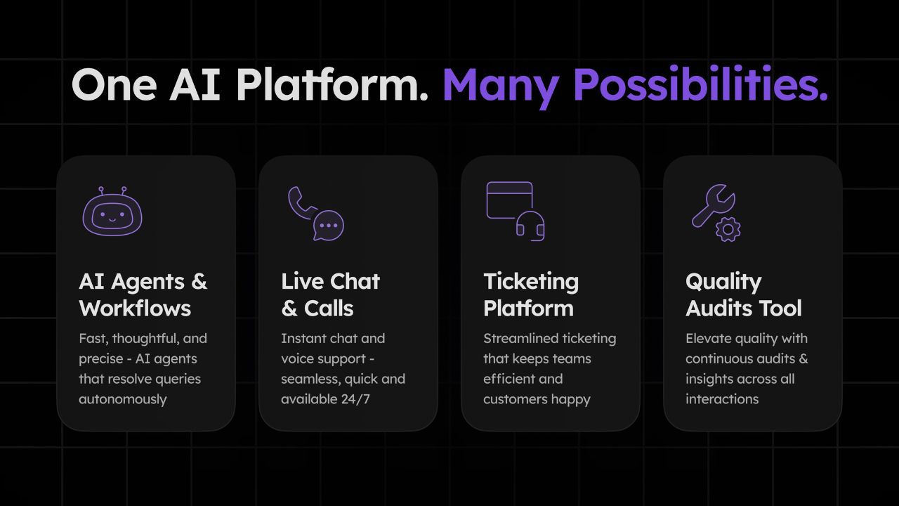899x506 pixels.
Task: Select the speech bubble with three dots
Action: pos(329,226)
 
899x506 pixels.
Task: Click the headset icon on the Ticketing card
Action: pos(530,226)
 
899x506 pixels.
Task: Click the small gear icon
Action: pos(728,229)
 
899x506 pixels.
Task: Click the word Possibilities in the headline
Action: pos(700,84)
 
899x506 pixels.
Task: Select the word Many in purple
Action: pos(501,88)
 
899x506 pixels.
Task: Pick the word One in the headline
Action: pos(114,85)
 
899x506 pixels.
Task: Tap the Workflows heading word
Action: pos(135,309)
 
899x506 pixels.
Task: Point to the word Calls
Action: pos(329,309)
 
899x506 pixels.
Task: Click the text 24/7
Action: pos(355,399)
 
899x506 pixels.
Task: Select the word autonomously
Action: pos(122,400)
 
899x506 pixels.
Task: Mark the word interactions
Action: pos(722,399)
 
